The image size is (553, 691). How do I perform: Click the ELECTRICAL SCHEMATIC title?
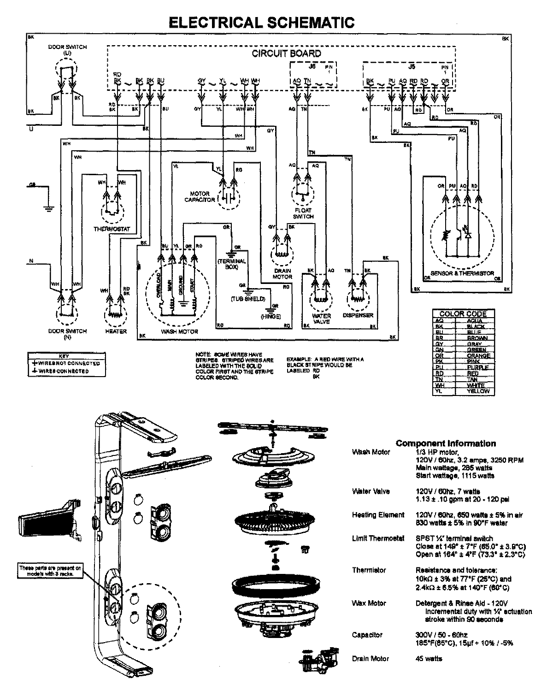261,23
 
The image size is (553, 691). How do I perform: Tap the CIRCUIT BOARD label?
286,53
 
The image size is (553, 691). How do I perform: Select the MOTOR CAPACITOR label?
200,197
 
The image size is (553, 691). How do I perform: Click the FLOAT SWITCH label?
303,213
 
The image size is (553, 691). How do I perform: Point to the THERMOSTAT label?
112,229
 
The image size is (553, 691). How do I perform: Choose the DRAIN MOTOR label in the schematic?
282,274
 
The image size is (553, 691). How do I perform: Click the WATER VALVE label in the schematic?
321,319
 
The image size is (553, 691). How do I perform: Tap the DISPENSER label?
358,315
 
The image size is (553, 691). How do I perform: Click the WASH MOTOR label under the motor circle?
179,331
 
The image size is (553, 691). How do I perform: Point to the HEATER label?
116,331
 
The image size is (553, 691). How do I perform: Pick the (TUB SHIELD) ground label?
248,299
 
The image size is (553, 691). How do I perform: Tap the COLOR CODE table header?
463,313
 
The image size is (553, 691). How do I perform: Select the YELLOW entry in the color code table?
477,391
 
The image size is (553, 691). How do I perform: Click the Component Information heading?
446,443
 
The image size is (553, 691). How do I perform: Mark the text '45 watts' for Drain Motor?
429,658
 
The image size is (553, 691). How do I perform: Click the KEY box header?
64,356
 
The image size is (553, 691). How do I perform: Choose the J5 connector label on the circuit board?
412,66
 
